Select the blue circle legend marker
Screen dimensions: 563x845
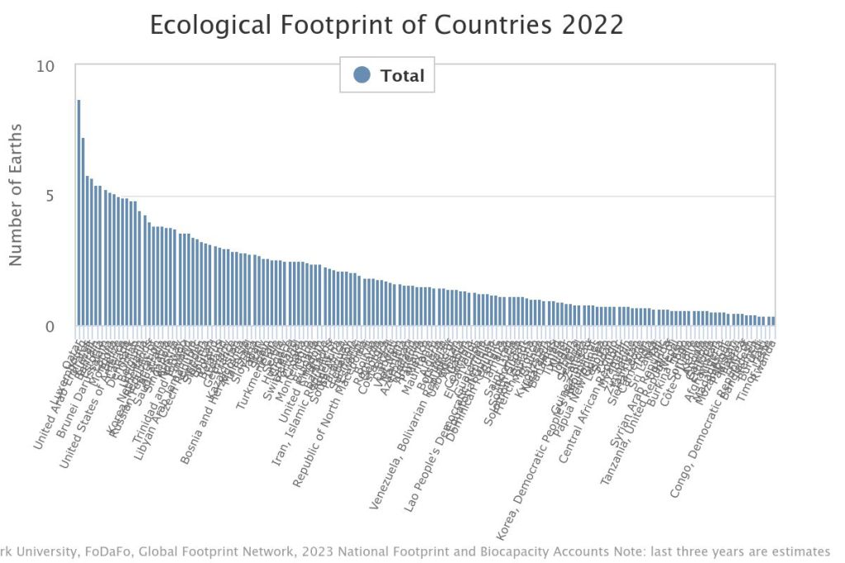coord(361,75)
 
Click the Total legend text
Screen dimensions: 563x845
coord(402,76)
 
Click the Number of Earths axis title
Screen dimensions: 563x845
coord(17,195)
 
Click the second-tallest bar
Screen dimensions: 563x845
coord(83,231)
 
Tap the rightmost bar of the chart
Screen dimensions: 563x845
coord(773,321)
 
